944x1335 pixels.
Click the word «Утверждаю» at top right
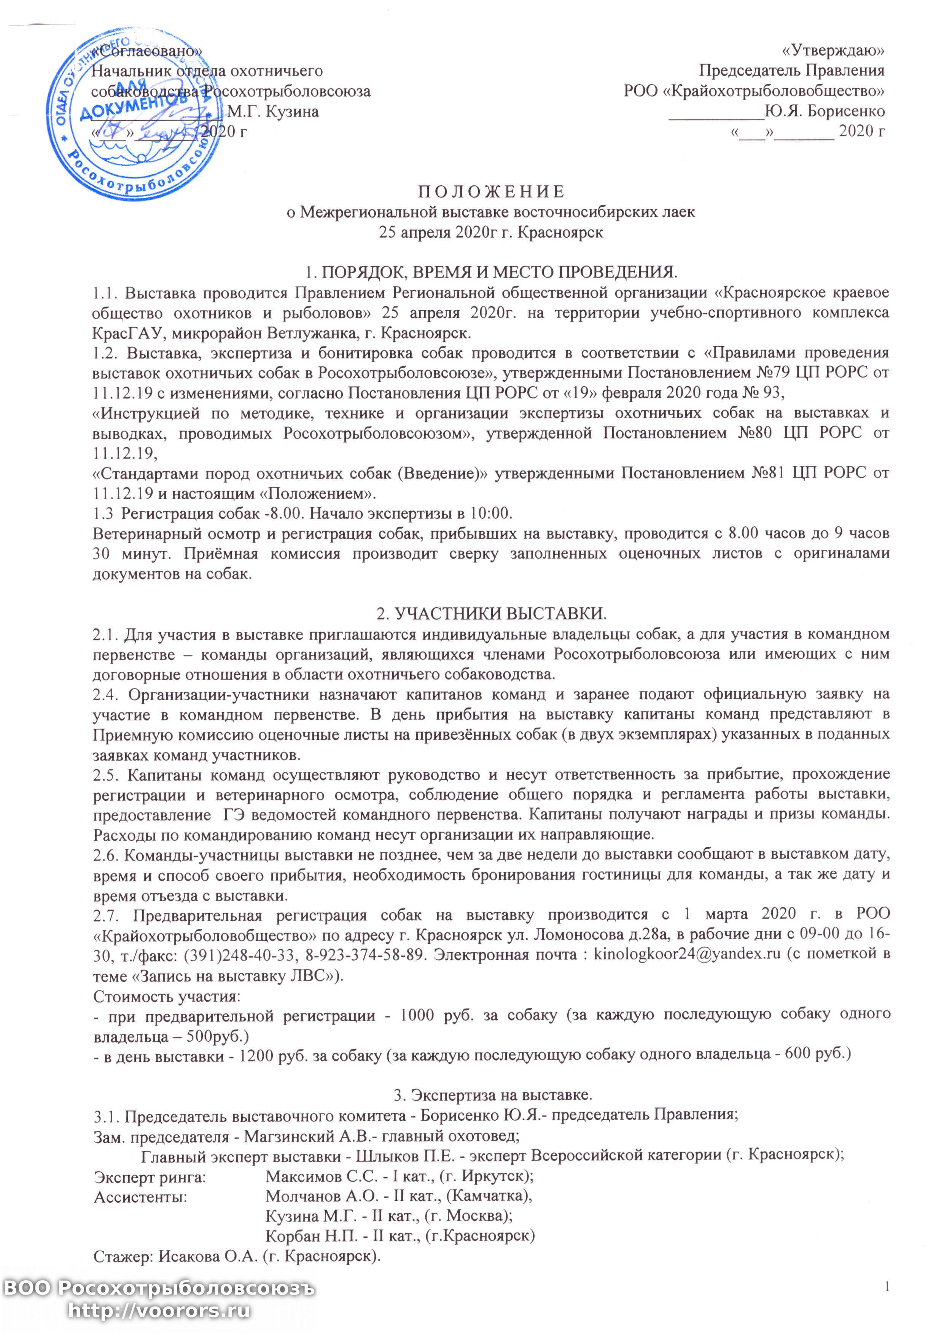click(x=833, y=51)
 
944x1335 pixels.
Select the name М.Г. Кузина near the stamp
click(x=272, y=111)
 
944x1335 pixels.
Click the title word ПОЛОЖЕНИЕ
click(x=491, y=191)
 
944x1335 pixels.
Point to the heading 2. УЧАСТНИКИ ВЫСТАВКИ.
click(x=491, y=613)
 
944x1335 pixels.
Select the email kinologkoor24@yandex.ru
click(x=686, y=955)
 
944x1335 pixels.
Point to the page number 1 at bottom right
click(x=887, y=1286)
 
